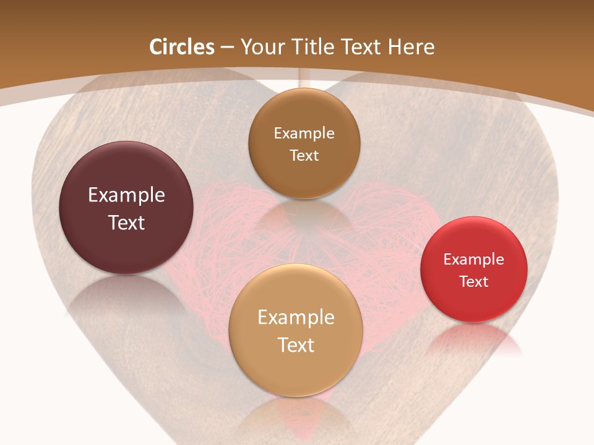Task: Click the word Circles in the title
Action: (182, 47)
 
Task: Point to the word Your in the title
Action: (260, 47)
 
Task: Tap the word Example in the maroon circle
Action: (126, 195)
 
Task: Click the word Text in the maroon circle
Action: (126, 222)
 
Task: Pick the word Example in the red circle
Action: (474, 260)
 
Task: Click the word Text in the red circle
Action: (474, 282)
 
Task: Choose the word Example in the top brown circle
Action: (304, 133)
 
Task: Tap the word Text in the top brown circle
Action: (304, 156)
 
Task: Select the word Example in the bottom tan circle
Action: (296, 318)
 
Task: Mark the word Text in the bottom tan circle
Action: (296, 345)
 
